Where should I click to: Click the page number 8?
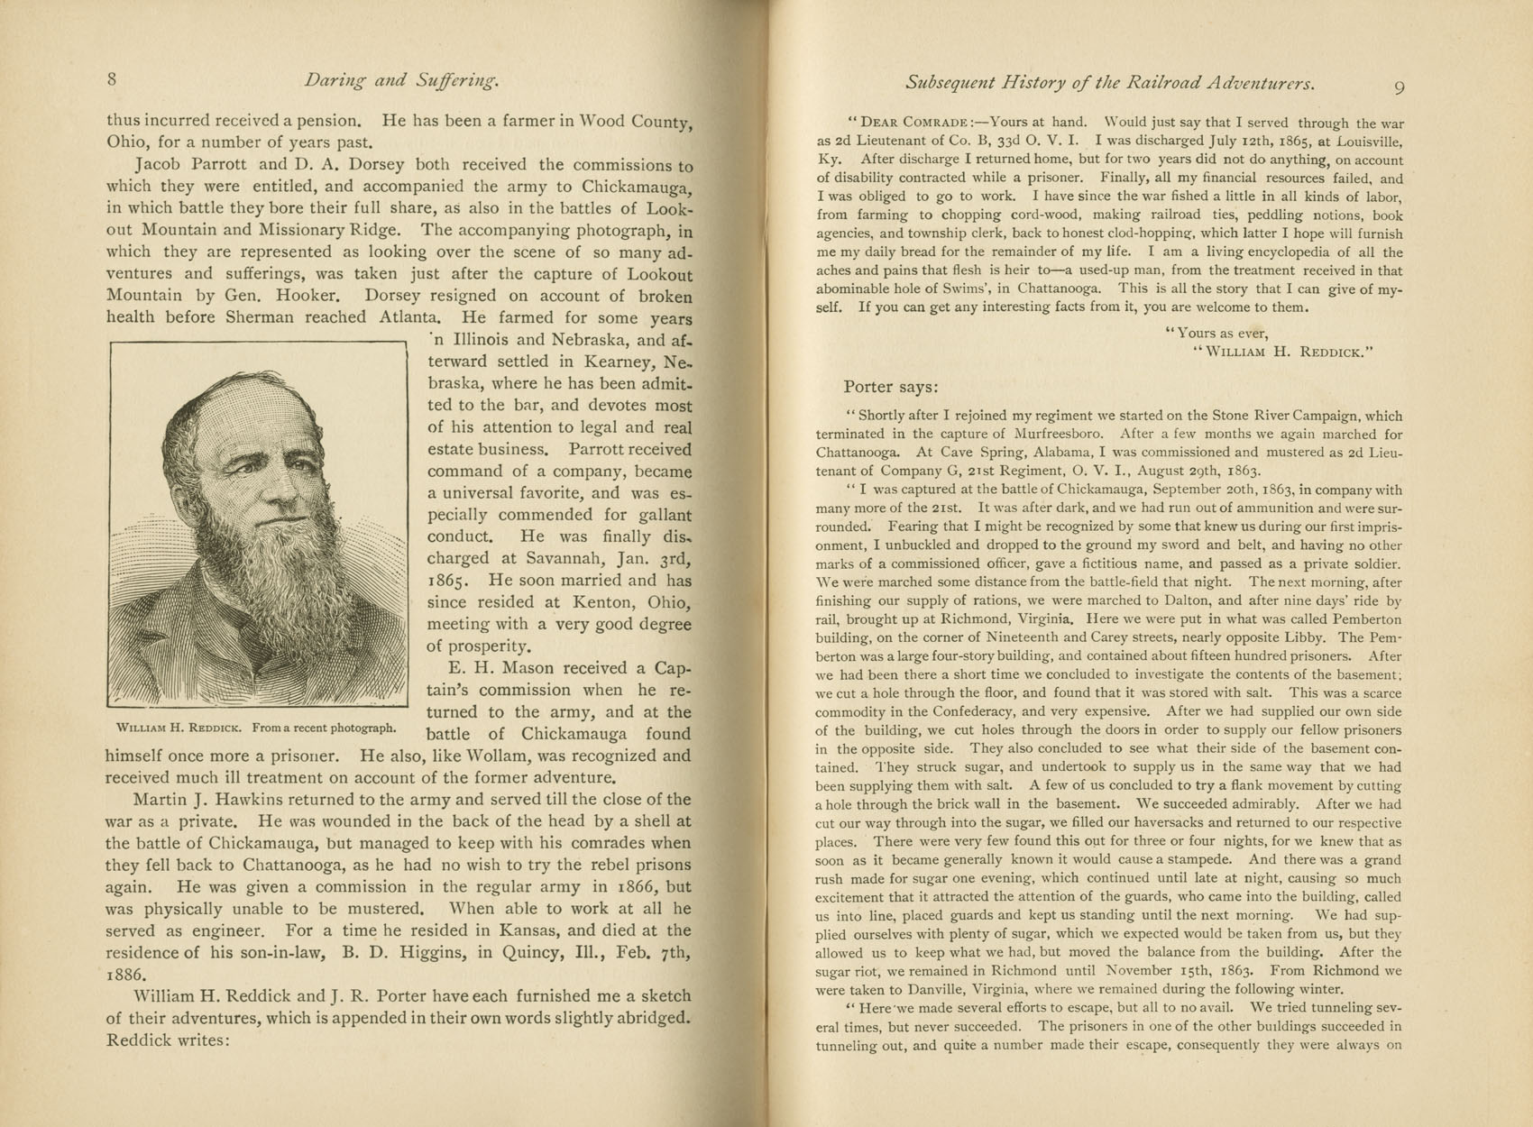tap(112, 79)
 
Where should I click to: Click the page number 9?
tap(1399, 87)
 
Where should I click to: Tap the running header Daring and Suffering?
tap(401, 81)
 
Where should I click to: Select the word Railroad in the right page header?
tap(1162, 83)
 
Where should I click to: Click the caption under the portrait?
tap(256, 728)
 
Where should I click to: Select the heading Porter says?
tap(891, 388)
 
